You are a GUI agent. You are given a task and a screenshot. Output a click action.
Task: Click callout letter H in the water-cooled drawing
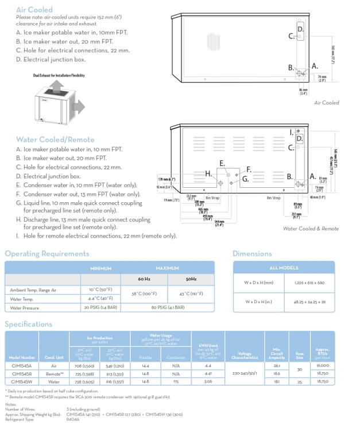pyautogui.click(x=209, y=173)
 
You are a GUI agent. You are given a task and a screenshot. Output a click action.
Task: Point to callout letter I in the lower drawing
pyautogui.click(x=291, y=132)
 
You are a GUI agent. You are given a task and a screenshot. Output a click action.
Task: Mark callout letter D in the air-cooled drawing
pyautogui.click(x=300, y=29)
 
